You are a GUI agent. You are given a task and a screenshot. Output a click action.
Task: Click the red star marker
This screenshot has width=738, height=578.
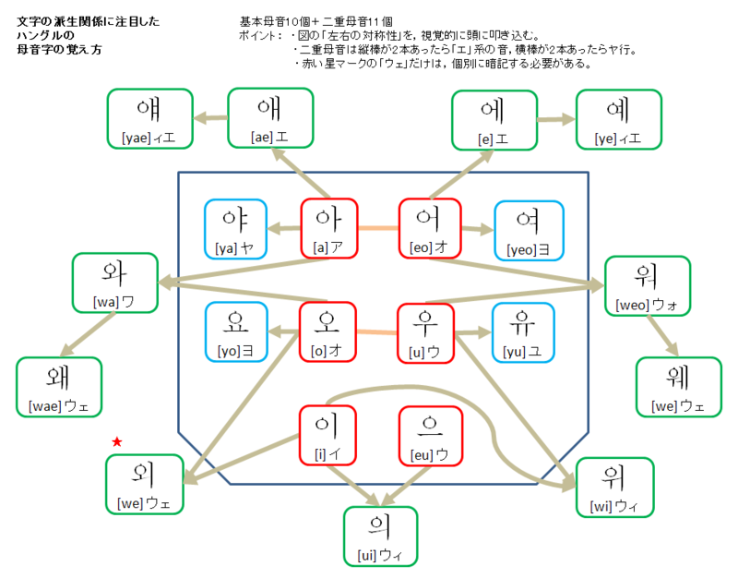[116, 443]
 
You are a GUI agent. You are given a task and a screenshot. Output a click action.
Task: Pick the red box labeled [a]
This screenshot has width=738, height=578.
[329, 228]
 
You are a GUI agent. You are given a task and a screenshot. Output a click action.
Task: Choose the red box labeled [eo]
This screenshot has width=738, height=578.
[428, 228]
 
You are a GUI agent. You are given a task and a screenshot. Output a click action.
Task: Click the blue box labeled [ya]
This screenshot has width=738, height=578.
[234, 229]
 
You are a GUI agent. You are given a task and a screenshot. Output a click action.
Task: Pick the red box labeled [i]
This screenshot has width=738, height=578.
[329, 435]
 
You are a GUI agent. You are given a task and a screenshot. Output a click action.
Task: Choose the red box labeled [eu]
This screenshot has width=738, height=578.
[428, 435]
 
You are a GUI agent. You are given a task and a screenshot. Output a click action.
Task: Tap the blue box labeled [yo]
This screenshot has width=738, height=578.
[234, 331]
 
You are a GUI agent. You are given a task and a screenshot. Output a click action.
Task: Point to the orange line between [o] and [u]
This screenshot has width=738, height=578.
[378, 331]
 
